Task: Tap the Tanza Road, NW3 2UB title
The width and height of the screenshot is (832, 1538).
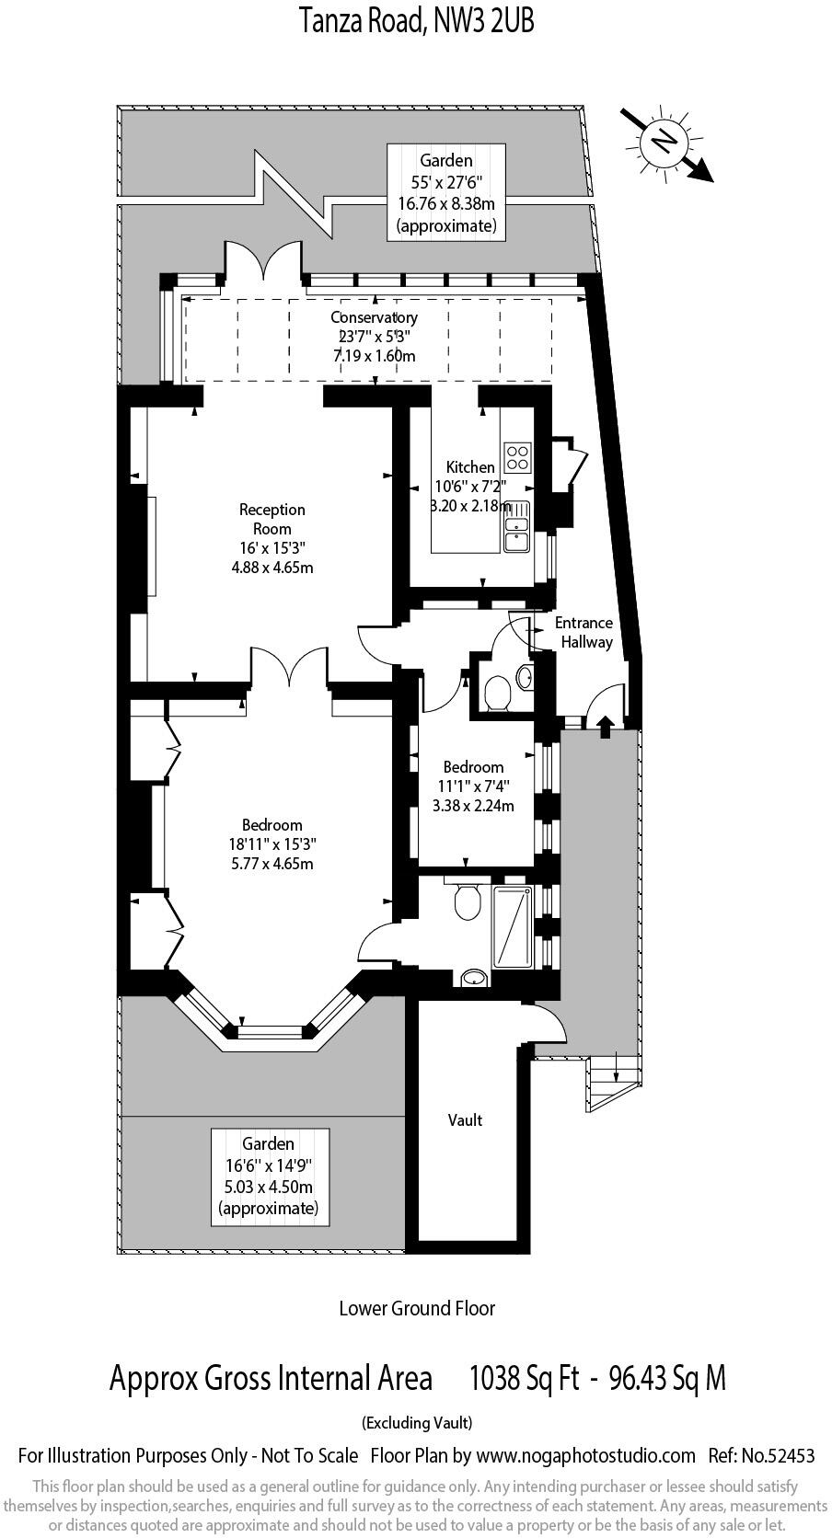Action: [416, 19]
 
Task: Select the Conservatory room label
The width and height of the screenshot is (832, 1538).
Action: [374, 317]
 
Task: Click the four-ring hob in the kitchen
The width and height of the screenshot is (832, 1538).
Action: [518, 456]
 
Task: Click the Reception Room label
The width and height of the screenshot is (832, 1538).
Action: [272, 519]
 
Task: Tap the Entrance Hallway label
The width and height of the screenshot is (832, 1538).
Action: [584, 633]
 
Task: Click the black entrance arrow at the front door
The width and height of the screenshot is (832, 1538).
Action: [605, 727]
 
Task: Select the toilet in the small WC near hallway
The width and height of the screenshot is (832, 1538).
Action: [498, 693]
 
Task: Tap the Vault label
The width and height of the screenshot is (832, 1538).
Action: [466, 1119]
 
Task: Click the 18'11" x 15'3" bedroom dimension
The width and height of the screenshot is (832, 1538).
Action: [272, 844]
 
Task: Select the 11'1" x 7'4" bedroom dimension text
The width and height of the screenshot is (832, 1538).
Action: [473, 786]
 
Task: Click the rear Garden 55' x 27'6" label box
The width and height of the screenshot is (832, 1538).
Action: [446, 192]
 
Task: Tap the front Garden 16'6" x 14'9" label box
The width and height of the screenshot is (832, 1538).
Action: [268, 1176]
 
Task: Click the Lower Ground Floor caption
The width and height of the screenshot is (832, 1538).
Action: [416, 1307]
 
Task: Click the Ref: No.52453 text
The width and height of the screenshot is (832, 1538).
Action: [761, 1455]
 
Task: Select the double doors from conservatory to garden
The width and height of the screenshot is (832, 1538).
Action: [262, 260]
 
